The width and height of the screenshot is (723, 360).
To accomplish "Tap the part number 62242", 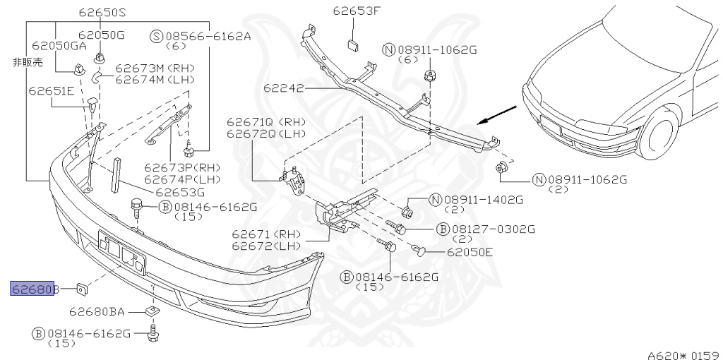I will pos(284,89).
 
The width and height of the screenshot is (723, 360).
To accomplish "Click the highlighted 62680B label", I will pos(33,288).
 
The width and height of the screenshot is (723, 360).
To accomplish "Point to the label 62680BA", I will pos(97,311).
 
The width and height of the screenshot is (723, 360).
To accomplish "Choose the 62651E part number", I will pos(52,90).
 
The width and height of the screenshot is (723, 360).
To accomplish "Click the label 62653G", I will pos(180,191).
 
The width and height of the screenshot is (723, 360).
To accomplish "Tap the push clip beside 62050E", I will pos(420,248).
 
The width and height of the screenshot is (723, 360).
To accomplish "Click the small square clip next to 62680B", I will pos(82,288).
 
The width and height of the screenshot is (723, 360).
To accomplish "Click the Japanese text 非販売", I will pos(28,63).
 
